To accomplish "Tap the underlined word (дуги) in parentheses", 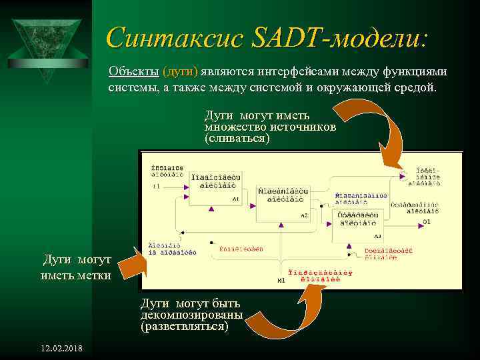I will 180,72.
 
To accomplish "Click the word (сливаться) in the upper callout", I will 237,138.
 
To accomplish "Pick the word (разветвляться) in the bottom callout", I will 184,327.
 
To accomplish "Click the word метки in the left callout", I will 94,275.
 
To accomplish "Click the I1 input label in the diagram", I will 156,187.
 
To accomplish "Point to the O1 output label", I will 427,221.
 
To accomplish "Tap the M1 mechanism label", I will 281,281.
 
